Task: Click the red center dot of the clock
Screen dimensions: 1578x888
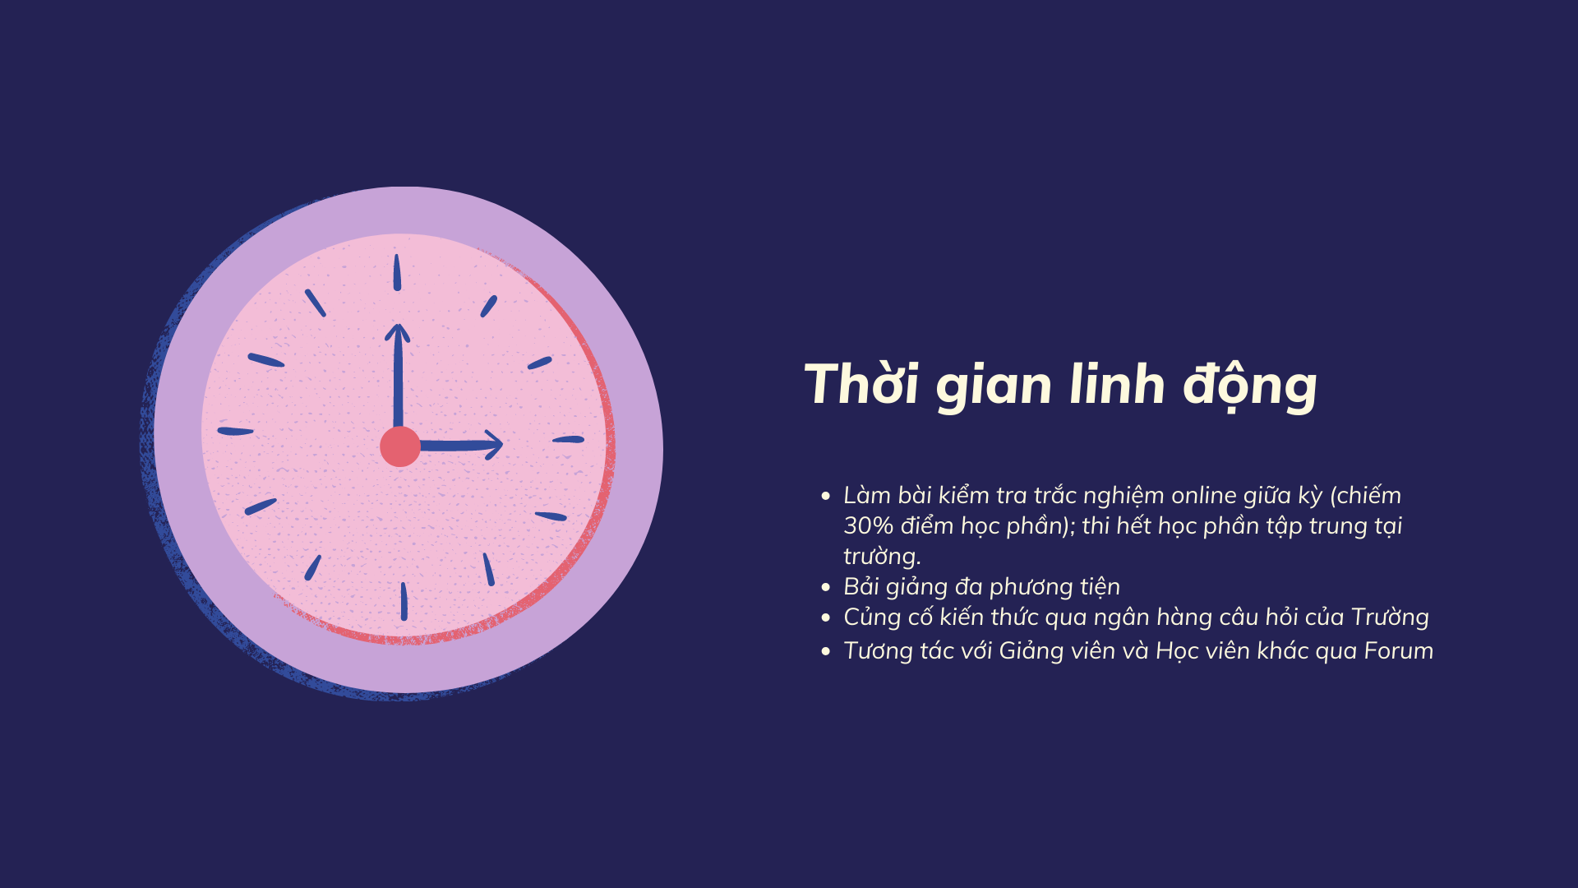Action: pos(400,446)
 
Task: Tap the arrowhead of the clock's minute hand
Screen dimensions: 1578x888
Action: pos(398,332)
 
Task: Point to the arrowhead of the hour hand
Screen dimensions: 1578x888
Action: pos(494,445)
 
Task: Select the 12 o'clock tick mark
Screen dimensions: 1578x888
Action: pos(397,272)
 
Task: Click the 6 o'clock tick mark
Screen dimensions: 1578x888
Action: pos(404,601)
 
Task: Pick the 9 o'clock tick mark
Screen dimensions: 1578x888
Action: pos(236,431)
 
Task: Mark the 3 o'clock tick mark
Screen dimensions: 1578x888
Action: pos(568,440)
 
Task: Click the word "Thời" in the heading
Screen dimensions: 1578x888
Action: pos(861,385)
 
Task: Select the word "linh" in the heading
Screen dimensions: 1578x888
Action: pos(1117,384)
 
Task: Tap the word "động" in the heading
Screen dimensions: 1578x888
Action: pos(1250,386)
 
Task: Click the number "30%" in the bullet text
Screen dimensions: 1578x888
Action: pos(868,525)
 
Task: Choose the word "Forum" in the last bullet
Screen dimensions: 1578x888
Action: pos(1398,650)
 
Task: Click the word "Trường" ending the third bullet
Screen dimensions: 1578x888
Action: pos(1390,617)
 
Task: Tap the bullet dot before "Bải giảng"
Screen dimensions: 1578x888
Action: pos(826,587)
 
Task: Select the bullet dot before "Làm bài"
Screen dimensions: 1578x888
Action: pos(826,496)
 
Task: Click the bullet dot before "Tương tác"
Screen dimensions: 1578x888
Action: pos(826,651)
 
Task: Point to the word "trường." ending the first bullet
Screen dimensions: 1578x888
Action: pos(882,557)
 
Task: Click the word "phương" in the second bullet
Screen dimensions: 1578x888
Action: pos(1031,587)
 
